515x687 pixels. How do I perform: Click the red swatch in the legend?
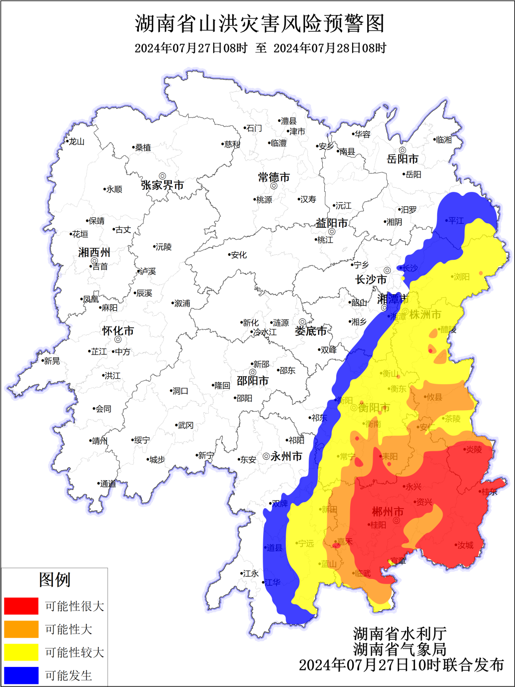[21, 606]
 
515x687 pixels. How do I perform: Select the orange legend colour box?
[21, 629]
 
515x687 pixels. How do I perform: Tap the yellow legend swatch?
[21, 652]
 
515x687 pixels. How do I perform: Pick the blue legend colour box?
[21, 675]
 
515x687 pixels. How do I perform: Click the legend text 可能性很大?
[74, 606]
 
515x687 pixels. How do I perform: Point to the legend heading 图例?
[54, 580]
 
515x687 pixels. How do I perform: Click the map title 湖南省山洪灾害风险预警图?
[260, 23]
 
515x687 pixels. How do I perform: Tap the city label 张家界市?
[162, 185]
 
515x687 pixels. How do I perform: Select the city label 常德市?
[274, 177]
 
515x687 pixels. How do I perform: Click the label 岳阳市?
[403, 159]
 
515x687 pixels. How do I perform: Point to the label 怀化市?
[118, 331]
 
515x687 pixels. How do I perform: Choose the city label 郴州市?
[388, 512]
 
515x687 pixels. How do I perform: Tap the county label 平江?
[456, 220]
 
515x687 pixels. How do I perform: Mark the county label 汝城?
[465, 545]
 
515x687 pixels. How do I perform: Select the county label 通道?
[107, 484]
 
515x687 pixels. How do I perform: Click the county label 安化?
[238, 255]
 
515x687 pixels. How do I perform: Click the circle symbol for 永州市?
[266, 456]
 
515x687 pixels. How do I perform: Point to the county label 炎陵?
[474, 450]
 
